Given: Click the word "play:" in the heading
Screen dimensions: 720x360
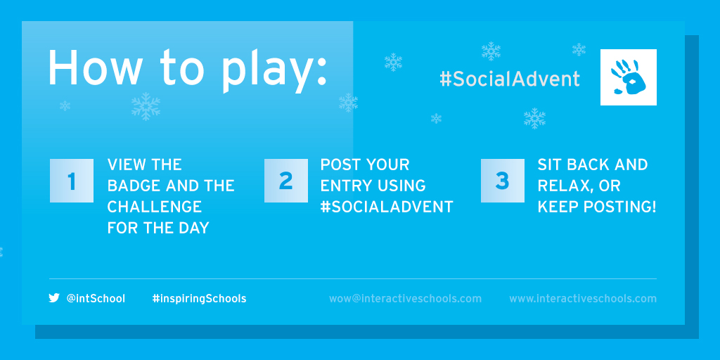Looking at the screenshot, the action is (x=275, y=70).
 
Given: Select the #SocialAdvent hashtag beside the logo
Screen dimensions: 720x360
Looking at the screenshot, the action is (x=509, y=79).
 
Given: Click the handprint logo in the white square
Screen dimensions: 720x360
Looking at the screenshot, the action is (x=628, y=77).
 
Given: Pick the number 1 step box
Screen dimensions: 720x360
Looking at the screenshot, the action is (x=72, y=181).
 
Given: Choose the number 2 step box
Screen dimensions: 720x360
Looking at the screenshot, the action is (x=286, y=181).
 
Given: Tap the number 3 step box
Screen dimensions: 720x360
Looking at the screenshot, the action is (x=502, y=181).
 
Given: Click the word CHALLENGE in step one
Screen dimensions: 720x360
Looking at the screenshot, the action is (x=154, y=207).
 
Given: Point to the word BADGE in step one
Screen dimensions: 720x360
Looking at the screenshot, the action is (x=133, y=186).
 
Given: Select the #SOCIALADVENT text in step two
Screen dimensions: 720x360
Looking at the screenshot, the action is (x=387, y=207).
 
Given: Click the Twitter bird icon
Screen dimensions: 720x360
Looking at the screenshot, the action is (x=54, y=298).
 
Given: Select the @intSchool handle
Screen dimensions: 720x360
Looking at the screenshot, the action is (x=96, y=298).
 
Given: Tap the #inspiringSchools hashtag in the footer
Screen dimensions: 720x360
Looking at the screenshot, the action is (x=199, y=299).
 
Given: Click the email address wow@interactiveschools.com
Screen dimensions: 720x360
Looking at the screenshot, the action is (x=405, y=298).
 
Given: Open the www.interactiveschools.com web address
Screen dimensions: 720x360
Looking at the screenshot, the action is (x=583, y=298).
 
